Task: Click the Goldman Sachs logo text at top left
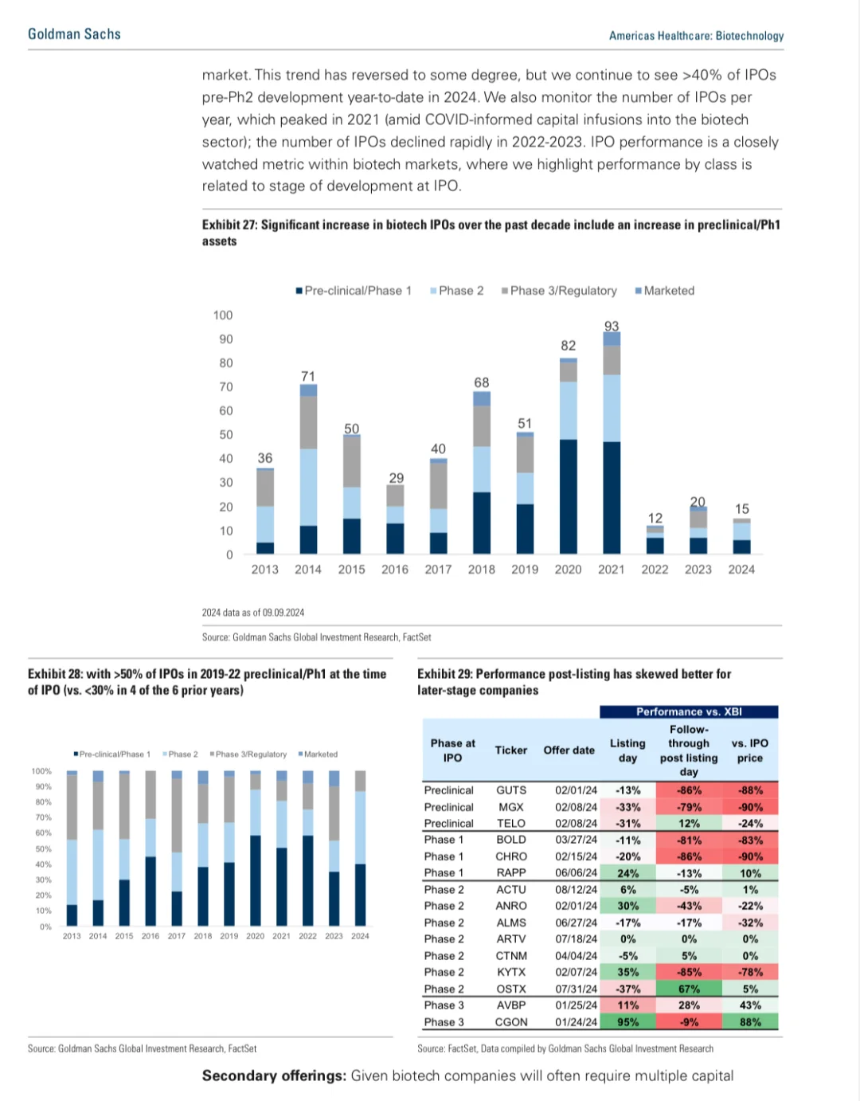pyautogui.click(x=74, y=34)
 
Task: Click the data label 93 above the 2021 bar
pyautogui.click(x=612, y=326)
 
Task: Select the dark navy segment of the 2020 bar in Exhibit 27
pyautogui.click(x=568, y=496)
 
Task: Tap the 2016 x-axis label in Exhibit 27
pyautogui.click(x=395, y=570)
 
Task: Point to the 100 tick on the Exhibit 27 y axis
pyautogui.click(x=223, y=315)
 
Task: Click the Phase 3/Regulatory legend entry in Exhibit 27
pyautogui.click(x=559, y=291)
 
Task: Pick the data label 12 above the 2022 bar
pyautogui.click(x=655, y=518)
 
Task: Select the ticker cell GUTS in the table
pyautogui.click(x=511, y=790)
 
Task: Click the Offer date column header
pyautogui.click(x=569, y=750)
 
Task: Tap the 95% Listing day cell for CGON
pyautogui.click(x=627, y=1022)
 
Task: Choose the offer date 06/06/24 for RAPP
pyautogui.click(x=576, y=873)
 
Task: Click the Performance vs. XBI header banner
pyautogui.click(x=689, y=711)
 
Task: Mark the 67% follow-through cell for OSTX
pyautogui.click(x=689, y=989)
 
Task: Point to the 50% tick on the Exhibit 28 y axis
pyautogui.click(x=42, y=849)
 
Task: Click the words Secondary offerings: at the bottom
pyautogui.click(x=274, y=1076)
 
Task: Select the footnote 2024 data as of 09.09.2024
pyautogui.click(x=253, y=613)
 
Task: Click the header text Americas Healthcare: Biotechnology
pyautogui.click(x=696, y=36)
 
